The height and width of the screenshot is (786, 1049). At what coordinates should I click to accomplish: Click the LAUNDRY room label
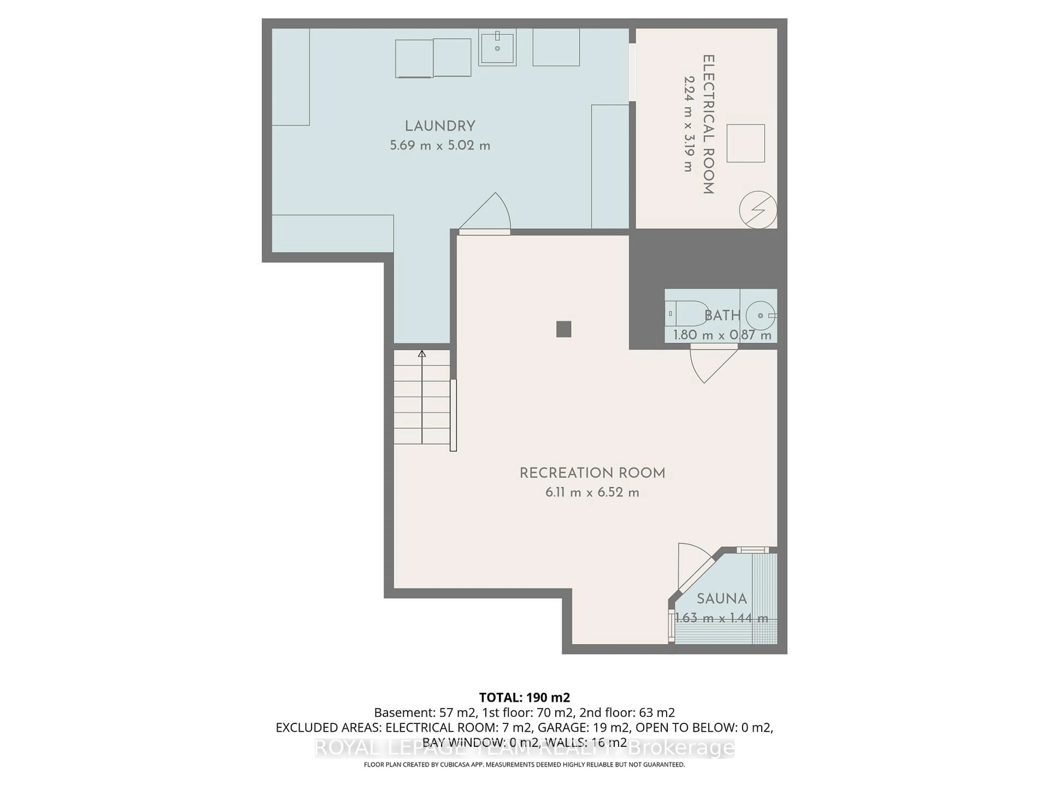coord(440,127)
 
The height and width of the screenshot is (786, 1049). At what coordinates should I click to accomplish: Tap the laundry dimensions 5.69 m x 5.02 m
coord(440,145)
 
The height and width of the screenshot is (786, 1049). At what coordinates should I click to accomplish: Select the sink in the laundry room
coord(497,47)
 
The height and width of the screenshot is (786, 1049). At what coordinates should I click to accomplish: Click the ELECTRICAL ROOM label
coord(708,124)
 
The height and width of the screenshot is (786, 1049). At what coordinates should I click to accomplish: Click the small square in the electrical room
coord(746,144)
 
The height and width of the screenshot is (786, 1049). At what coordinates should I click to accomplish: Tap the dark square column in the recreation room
coord(563,329)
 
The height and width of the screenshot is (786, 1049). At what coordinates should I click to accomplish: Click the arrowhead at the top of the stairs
coord(422,353)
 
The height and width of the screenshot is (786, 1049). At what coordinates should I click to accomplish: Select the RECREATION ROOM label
coord(592,473)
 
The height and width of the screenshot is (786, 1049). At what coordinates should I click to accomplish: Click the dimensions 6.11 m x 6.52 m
coord(592,493)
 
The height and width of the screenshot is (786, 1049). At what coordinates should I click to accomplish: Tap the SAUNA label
coord(721,599)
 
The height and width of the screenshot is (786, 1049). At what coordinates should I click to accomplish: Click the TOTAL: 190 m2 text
coord(524,697)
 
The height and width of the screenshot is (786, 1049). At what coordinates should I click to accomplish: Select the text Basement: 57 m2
coord(425,713)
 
